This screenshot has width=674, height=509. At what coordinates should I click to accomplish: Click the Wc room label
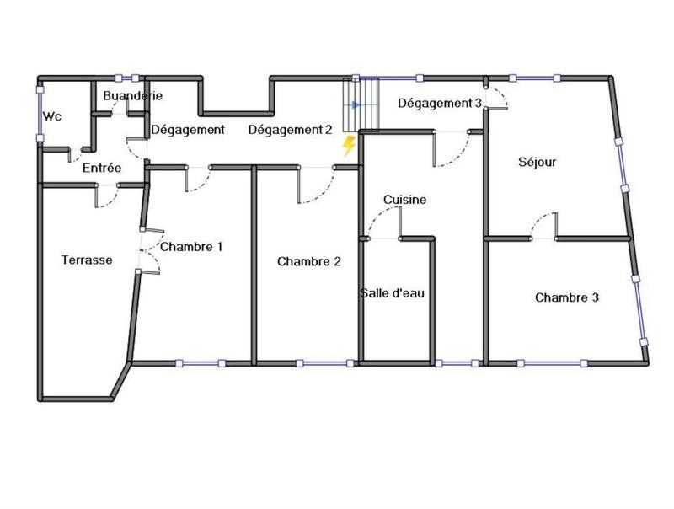[52, 115]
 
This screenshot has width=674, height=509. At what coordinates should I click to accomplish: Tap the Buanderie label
[132, 96]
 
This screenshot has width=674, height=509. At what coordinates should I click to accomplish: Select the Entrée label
[102, 168]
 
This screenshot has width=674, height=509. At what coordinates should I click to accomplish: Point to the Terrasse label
[87, 260]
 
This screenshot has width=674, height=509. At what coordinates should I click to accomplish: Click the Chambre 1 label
[191, 247]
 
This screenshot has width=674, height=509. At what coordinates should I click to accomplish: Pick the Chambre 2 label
[309, 261]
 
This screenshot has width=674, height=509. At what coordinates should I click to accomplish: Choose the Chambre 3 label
[567, 297]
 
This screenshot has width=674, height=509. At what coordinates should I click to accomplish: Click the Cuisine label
[404, 200]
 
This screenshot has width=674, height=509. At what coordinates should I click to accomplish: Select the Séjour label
[537, 162]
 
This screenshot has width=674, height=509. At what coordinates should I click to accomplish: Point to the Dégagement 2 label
[290, 130]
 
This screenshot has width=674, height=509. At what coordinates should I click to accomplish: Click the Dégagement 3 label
[440, 104]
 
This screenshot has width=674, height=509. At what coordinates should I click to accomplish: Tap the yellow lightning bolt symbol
[348, 147]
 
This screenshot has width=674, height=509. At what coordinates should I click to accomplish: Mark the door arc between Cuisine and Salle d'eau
[383, 224]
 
